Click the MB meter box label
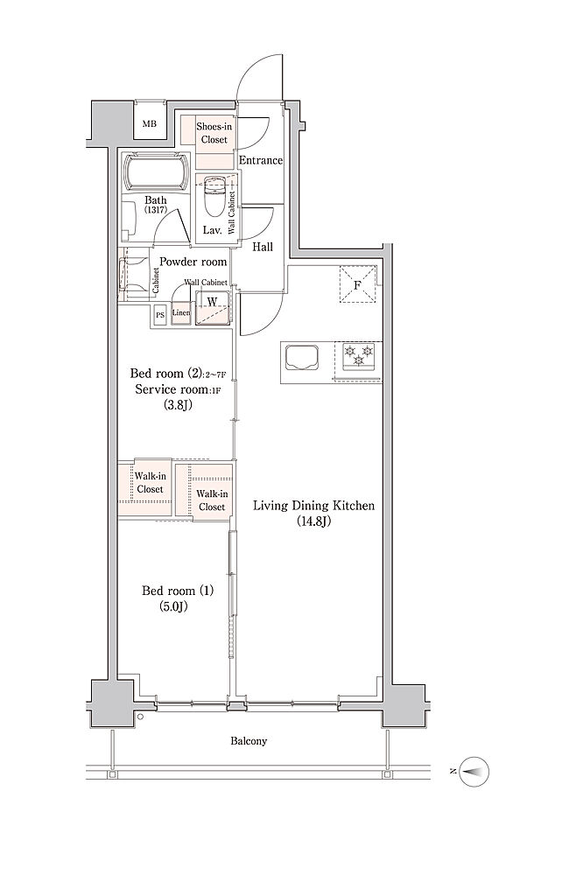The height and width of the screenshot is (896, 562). (x=149, y=123)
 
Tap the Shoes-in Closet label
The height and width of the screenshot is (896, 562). (x=214, y=133)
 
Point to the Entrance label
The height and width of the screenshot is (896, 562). (x=261, y=161)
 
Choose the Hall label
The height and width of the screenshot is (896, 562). (x=263, y=247)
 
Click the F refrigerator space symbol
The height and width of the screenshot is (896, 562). (x=357, y=284)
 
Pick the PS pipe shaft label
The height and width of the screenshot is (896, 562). (x=160, y=315)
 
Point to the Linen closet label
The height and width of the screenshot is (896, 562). (x=180, y=313)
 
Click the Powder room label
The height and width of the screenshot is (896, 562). (x=193, y=262)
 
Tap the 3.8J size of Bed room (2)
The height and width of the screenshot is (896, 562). (x=177, y=406)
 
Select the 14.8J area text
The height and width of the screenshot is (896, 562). (x=313, y=521)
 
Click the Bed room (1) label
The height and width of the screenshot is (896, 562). (x=177, y=591)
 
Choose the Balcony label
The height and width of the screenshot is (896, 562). (x=249, y=741)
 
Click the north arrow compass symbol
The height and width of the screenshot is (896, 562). (x=474, y=772)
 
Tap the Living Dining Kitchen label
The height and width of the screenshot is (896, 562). (x=314, y=505)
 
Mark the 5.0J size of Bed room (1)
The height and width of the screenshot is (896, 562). (x=174, y=607)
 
